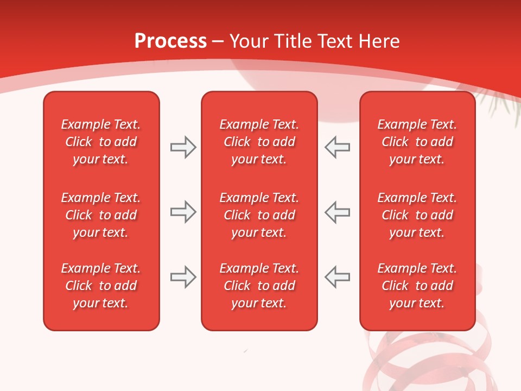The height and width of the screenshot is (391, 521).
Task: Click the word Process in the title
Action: pyautogui.click(x=170, y=41)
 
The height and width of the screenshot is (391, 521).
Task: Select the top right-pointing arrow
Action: pyautogui.click(x=183, y=147)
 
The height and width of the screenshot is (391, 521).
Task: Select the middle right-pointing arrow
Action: pyautogui.click(x=183, y=212)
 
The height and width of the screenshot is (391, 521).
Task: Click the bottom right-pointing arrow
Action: pyautogui.click(x=183, y=277)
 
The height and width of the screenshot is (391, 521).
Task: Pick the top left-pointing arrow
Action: pyautogui.click(x=338, y=147)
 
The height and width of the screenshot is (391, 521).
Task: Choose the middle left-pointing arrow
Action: pyautogui.click(x=338, y=212)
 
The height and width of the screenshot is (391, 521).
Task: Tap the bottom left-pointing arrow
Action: pyautogui.click(x=338, y=277)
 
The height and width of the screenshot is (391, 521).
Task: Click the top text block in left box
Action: pyautogui.click(x=101, y=142)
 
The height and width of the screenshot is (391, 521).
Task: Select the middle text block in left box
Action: pyautogui.click(x=101, y=215)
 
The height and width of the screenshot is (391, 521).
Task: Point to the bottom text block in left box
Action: pyautogui.click(x=101, y=286)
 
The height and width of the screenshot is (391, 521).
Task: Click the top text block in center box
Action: pyautogui.click(x=259, y=142)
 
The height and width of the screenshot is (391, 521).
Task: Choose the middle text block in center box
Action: pyautogui.click(x=259, y=215)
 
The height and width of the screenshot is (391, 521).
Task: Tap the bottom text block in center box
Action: pyautogui.click(x=259, y=286)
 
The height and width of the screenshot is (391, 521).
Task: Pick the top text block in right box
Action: pyautogui.click(x=417, y=142)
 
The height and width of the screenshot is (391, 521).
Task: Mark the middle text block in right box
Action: pyautogui.click(x=417, y=215)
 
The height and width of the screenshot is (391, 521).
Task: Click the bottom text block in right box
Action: pyautogui.click(x=417, y=286)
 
